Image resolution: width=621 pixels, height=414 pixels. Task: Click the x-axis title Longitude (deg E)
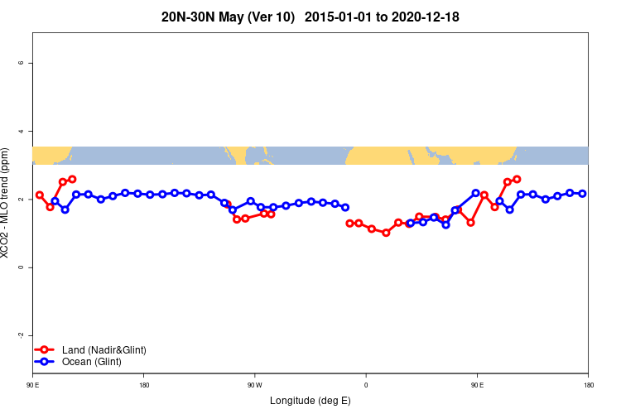pyautogui.click(x=310, y=401)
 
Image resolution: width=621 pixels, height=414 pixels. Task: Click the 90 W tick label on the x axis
pyautogui.click(x=254, y=384)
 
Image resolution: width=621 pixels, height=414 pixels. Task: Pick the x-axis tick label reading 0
pyautogui.click(x=366, y=384)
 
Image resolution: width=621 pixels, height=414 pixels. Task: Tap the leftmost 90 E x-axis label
pyautogui.click(x=32, y=384)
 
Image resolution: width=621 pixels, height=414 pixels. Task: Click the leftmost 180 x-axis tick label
pyautogui.click(x=144, y=384)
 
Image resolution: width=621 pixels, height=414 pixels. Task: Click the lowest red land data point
pyautogui.click(x=386, y=233)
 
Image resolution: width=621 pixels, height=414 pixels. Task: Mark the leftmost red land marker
pyautogui.click(x=40, y=195)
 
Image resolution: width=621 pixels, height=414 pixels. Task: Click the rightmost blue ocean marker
pyautogui.click(x=582, y=193)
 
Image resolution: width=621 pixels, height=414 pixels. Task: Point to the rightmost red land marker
pyautogui.click(x=517, y=179)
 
